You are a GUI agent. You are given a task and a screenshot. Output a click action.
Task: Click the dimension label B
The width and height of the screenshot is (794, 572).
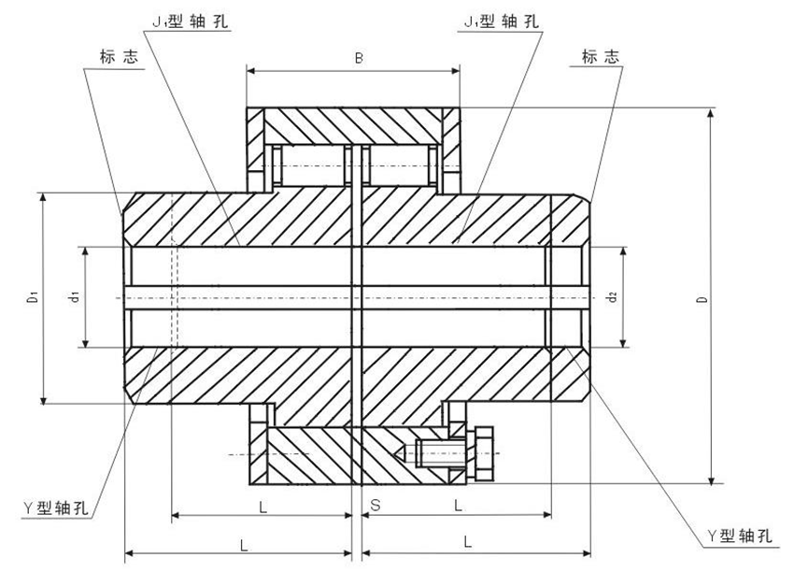click(x=358, y=57)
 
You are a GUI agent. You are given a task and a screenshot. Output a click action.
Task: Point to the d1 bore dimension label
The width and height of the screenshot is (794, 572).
click(x=73, y=298)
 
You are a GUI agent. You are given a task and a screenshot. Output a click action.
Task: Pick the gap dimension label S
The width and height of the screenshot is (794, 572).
click(x=375, y=506)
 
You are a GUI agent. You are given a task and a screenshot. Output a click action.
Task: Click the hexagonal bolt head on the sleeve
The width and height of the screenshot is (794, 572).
click(x=484, y=452)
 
